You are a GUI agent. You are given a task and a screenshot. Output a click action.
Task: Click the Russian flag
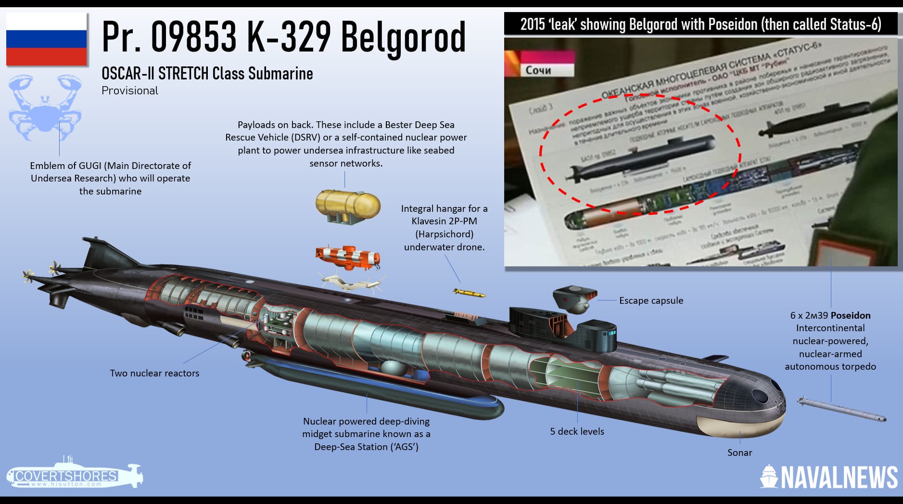(47, 39)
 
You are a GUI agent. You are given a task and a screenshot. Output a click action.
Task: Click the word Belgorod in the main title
(403, 37)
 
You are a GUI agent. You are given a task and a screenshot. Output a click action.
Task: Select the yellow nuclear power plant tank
(347, 206)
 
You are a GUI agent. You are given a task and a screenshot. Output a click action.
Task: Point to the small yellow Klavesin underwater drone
(469, 293)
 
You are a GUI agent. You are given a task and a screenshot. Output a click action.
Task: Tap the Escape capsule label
(651, 300)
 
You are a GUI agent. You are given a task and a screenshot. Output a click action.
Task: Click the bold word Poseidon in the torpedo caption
(851, 315)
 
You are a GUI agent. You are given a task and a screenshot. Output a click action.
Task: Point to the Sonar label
(739, 452)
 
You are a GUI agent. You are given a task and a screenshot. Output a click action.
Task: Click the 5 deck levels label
(577, 431)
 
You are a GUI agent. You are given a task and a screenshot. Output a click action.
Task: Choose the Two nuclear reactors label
(154, 373)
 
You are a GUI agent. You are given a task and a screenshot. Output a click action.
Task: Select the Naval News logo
(828, 477)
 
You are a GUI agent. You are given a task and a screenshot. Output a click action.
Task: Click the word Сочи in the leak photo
(538, 70)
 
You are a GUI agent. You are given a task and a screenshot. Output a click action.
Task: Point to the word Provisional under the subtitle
(130, 90)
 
